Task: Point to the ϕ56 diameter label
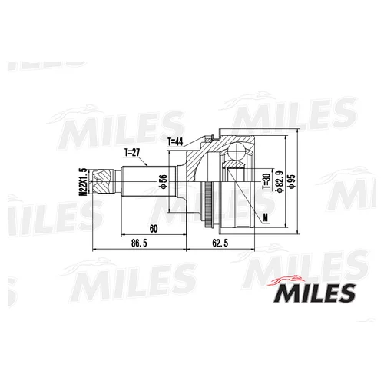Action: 162,182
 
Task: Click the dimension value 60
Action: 154,228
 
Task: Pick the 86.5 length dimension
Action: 138,243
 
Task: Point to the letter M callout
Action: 265,217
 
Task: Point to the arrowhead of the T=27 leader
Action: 144,168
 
